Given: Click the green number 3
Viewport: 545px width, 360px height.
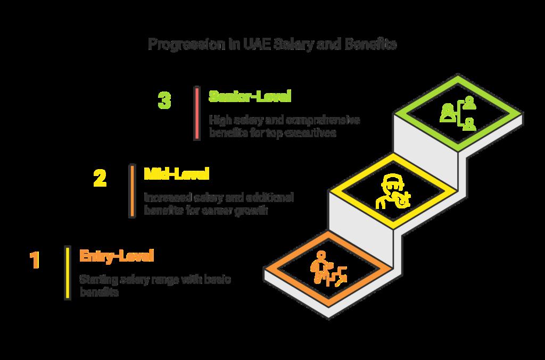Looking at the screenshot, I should coord(165,101).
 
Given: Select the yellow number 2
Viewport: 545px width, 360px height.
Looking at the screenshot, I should coord(100,178).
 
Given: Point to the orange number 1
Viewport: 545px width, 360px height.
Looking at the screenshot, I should coord(35,261).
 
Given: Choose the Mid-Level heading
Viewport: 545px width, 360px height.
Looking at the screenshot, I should coord(177,174).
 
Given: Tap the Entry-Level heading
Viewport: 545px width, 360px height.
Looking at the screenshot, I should coord(116,256).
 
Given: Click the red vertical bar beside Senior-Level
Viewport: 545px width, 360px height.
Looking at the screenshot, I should coord(197,113).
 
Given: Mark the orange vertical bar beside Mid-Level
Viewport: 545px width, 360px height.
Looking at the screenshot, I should coord(131,191).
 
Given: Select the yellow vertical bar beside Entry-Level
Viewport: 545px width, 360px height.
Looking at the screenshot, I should coord(68,272).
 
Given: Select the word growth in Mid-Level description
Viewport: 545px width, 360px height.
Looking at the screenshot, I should coord(250,211).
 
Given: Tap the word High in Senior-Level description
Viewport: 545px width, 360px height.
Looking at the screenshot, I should coord(219,120).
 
